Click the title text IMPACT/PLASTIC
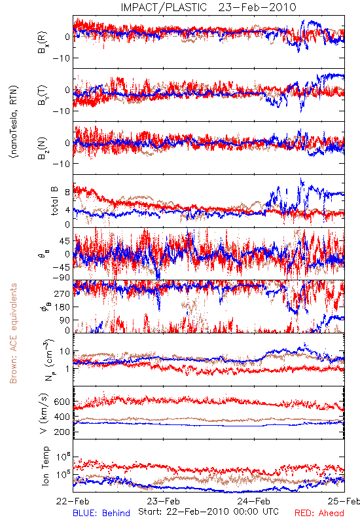coord(164,7)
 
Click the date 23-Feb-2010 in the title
coord(257,7)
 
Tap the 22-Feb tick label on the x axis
coord(73,501)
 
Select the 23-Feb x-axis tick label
coord(163,501)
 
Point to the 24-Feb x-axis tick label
coord(254,501)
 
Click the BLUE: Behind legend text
coord(101,514)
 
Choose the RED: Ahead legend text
coord(319,514)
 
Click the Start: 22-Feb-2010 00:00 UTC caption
coord(208,512)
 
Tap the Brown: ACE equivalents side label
coord(13,333)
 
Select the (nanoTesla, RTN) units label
coord(14,122)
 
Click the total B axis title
coord(54,201)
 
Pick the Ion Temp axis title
coord(45,466)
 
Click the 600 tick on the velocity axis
coord(62,402)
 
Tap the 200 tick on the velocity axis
coord(62,432)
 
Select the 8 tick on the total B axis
coord(67,193)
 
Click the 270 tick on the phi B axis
coord(62,293)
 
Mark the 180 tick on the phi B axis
coord(62,307)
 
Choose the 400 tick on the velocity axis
coord(62,417)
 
